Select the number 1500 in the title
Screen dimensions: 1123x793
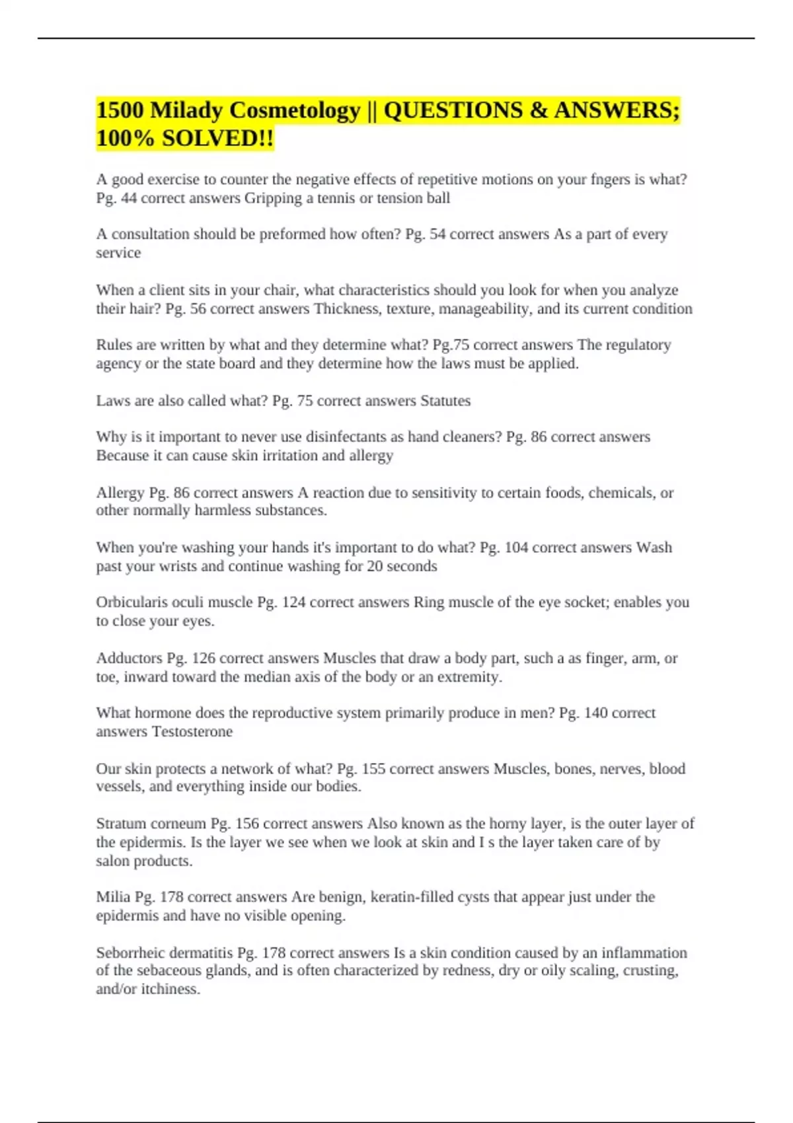pos(120,110)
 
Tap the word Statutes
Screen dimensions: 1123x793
pos(445,401)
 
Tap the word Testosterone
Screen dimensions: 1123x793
pos(192,732)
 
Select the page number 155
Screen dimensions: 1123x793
pos(373,769)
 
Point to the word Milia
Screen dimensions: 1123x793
pos(113,897)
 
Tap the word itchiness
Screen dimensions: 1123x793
pos(170,990)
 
